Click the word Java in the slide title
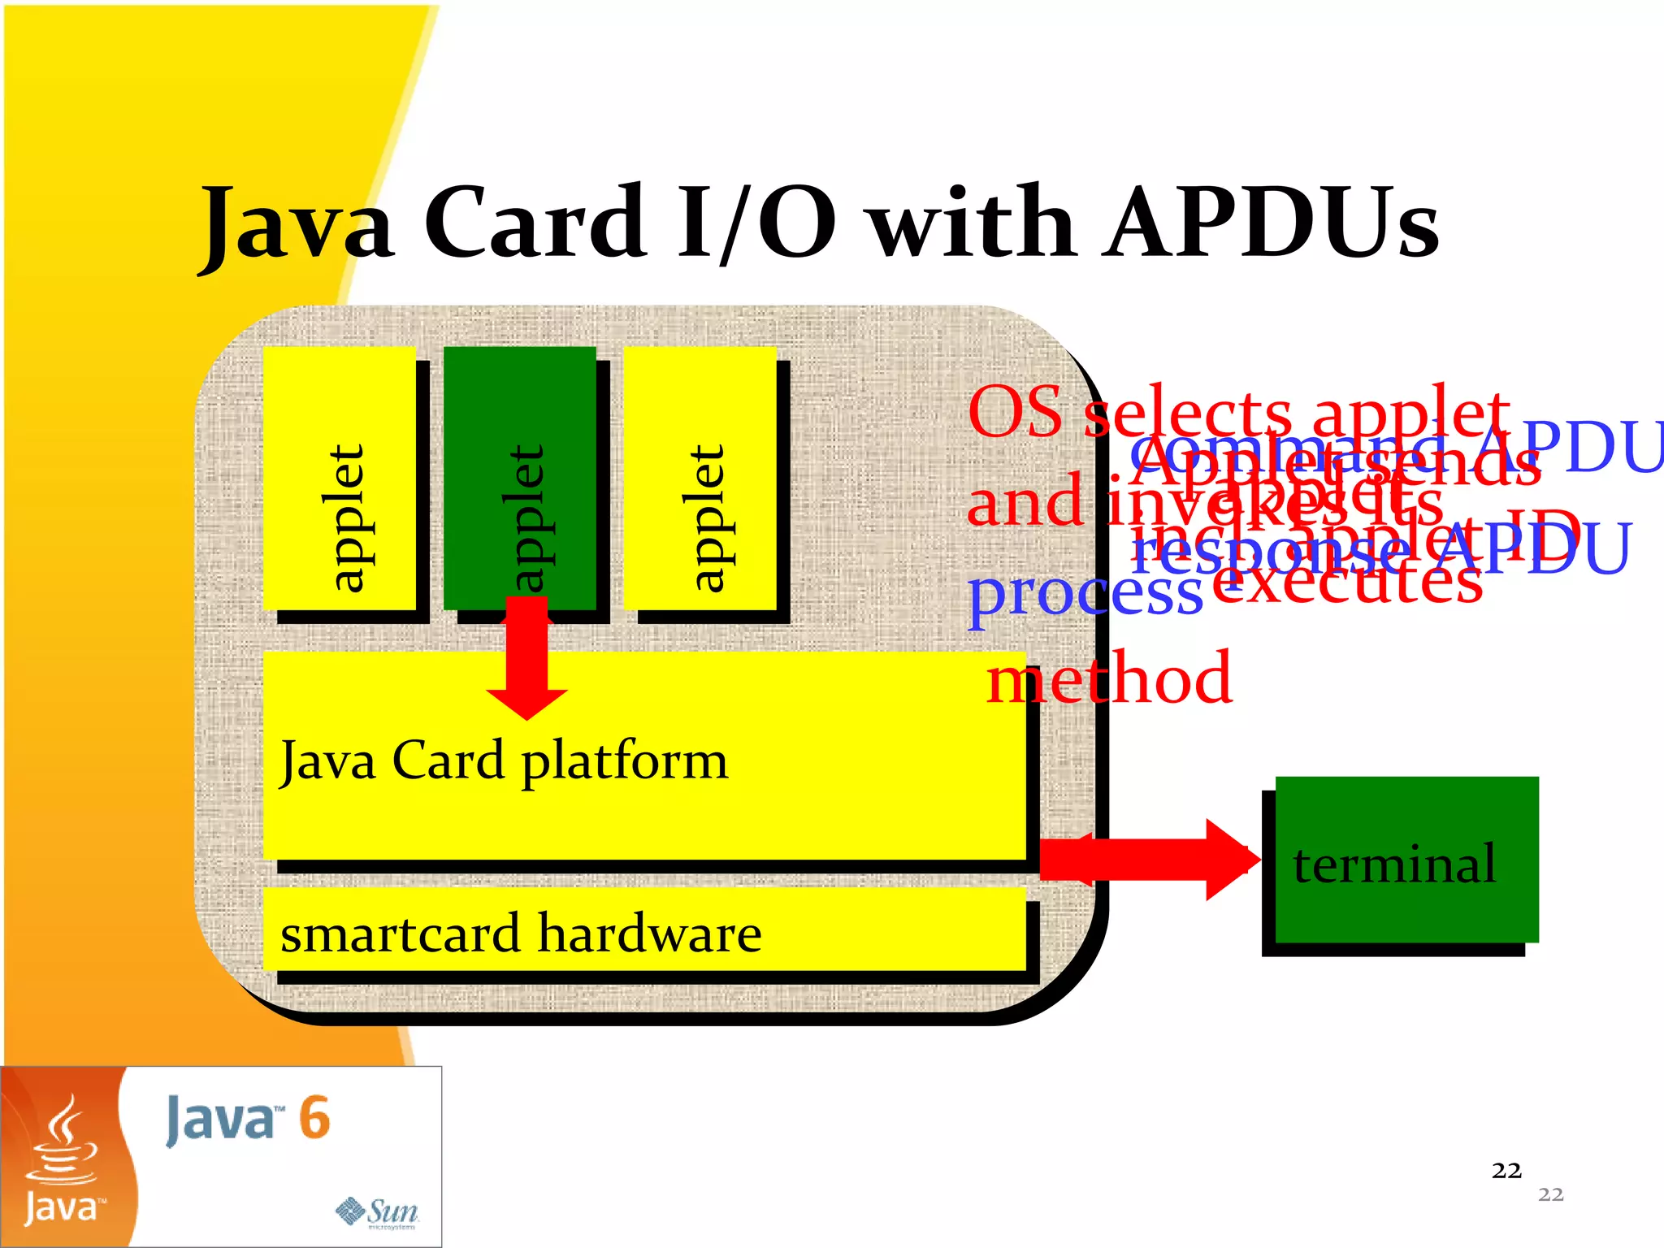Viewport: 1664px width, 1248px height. [x=297, y=223]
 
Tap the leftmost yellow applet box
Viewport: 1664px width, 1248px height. [x=340, y=479]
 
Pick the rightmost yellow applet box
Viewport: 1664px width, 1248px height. [x=700, y=479]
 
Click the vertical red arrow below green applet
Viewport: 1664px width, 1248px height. [x=526, y=658]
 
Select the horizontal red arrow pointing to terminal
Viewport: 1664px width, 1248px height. [x=1150, y=860]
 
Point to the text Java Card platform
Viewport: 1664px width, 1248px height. [x=504, y=760]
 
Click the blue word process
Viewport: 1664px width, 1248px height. [x=1085, y=593]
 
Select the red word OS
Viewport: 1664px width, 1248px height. [x=1015, y=411]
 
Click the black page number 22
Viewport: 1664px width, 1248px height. [x=1506, y=1170]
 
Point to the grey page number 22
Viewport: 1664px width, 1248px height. [x=1550, y=1194]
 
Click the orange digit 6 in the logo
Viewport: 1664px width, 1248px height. [x=314, y=1118]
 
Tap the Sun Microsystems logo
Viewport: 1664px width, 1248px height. [x=378, y=1212]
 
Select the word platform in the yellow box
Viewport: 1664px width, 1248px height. [x=624, y=762]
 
